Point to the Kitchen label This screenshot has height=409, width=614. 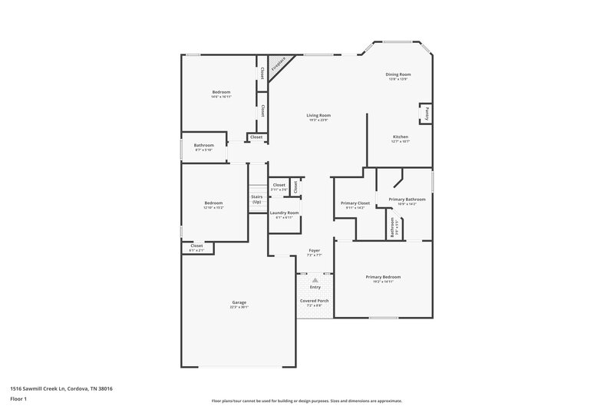(x=400, y=137)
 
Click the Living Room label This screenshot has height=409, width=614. (x=319, y=115)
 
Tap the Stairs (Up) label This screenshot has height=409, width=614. (x=256, y=199)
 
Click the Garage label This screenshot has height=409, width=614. (x=239, y=302)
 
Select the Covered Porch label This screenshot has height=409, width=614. (x=315, y=300)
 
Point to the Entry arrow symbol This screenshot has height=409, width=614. (x=315, y=281)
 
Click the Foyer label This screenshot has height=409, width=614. (x=314, y=250)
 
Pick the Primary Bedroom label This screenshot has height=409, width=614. (x=383, y=276)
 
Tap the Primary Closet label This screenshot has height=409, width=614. (x=355, y=203)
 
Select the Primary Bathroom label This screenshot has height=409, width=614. (x=407, y=199)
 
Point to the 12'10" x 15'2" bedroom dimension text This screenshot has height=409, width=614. (x=213, y=208)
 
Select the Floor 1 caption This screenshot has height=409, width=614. (x=18, y=400)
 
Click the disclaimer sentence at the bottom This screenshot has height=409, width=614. (x=307, y=401)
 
